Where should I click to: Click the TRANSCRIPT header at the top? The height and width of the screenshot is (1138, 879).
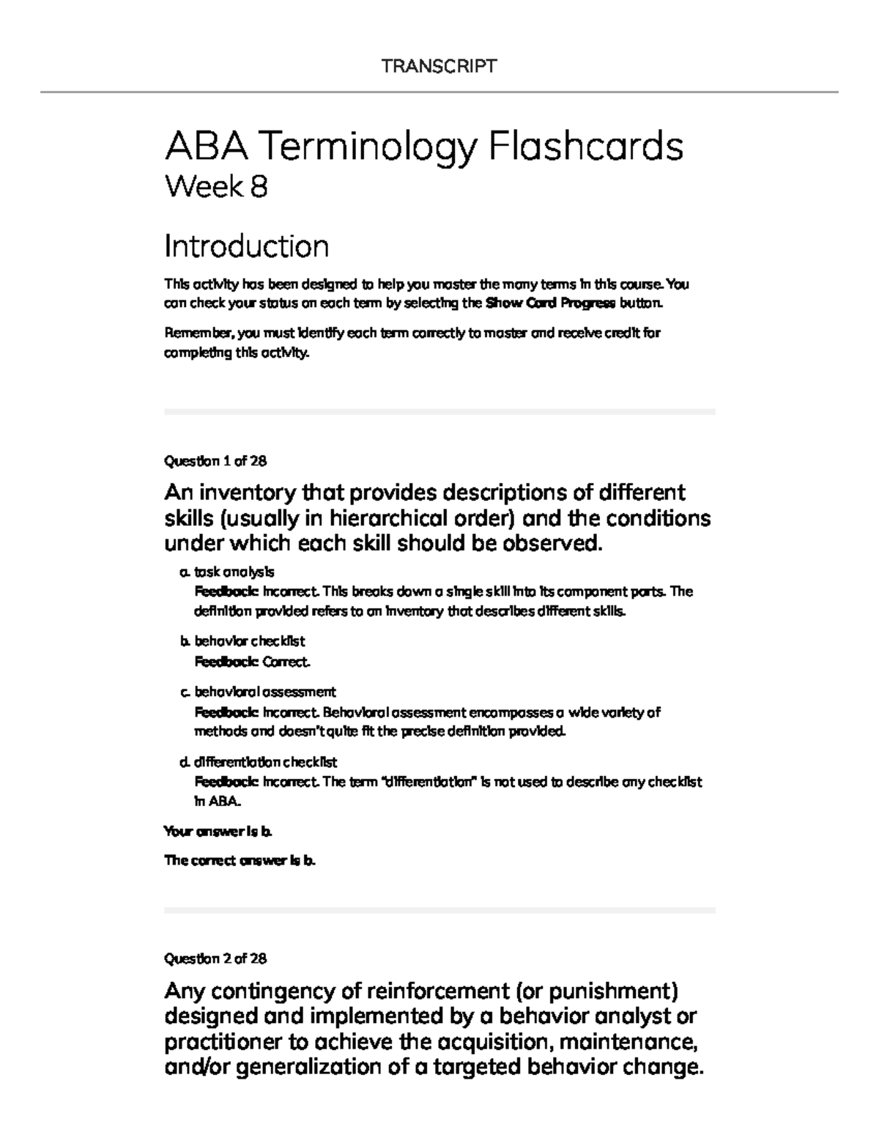[439, 67]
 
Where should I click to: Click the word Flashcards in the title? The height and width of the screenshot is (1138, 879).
[585, 147]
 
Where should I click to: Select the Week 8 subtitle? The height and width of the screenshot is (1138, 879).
[216, 187]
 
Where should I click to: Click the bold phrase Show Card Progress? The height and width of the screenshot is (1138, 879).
[550, 303]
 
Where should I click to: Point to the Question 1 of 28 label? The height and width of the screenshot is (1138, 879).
[215, 461]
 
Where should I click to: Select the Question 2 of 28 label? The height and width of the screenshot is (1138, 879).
[215, 958]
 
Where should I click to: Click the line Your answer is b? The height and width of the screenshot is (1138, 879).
[218, 832]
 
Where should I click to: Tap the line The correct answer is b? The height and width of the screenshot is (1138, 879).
[240, 861]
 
